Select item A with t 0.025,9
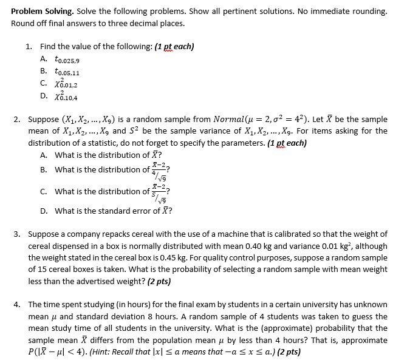(x=67, y=59)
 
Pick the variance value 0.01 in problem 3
(x=349, y=245)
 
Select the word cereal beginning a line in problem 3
(x=41, y=245)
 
